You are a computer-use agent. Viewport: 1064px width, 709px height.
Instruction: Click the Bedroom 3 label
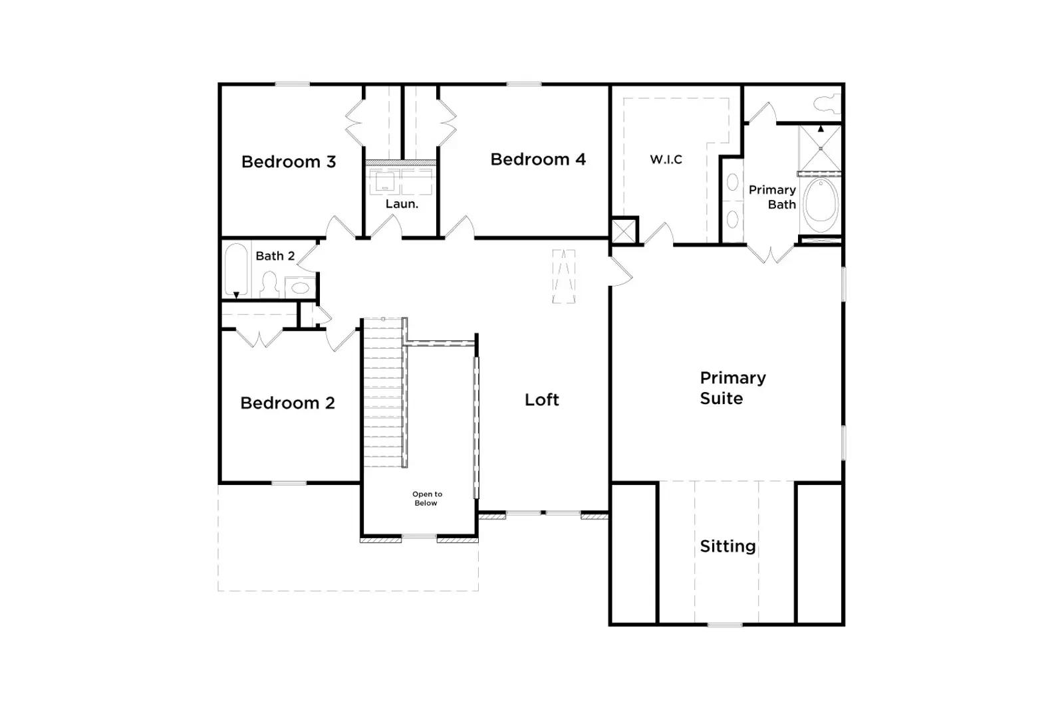pos(289,162)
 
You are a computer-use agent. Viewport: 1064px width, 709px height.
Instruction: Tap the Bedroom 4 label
pos(538,159)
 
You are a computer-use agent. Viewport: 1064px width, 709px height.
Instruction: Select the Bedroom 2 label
pos(288,403)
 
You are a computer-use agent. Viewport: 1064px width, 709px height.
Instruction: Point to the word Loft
pos(541,399)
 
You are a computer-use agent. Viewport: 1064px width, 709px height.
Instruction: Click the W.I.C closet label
pos(666,159)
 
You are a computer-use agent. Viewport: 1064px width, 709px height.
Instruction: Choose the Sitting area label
pos(728,547)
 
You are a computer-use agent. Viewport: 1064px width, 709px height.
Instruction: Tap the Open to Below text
pos(427,499)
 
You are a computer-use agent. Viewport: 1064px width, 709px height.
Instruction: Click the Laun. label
pos(402,204)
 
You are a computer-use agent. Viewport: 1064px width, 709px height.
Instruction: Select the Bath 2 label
pos(275,256)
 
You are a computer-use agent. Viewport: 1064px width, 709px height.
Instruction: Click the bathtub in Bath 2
pos(236,270)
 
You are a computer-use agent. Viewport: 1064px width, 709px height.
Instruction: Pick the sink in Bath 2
pos(300,288)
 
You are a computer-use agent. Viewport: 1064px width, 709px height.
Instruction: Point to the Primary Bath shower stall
pos(821,149)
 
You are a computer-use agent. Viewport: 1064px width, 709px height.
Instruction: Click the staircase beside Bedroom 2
pos(383,393)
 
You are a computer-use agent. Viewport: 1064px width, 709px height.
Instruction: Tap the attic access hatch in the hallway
pos(564,276)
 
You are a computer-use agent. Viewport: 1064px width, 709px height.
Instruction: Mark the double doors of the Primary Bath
pos(771,253)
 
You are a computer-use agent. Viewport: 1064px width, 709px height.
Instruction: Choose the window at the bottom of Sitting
pos(725,625)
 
